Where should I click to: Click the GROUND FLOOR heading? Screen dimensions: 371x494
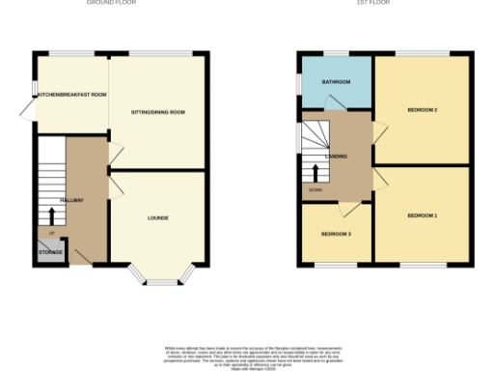[112, 3]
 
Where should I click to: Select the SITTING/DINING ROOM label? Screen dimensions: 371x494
[157, 112]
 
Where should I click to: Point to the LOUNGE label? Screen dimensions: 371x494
[158, 217]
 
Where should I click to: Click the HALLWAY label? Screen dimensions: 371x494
[72, 200]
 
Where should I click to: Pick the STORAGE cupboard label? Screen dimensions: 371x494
[51, 252]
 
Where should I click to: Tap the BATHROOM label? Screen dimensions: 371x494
[336, 82]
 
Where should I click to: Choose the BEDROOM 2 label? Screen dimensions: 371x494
[423, 110]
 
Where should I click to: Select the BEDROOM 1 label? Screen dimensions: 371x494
[423, 214]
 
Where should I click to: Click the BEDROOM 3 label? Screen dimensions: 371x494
[336, 235]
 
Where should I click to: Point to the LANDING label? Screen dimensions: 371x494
[337, 156]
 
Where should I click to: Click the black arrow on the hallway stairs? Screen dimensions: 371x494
[51, 214]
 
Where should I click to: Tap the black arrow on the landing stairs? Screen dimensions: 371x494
[315, 174]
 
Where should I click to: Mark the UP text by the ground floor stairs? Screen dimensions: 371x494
[51, 233]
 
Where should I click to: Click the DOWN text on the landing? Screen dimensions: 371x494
[316, 189]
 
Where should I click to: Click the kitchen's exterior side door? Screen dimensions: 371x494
[26, 106]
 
